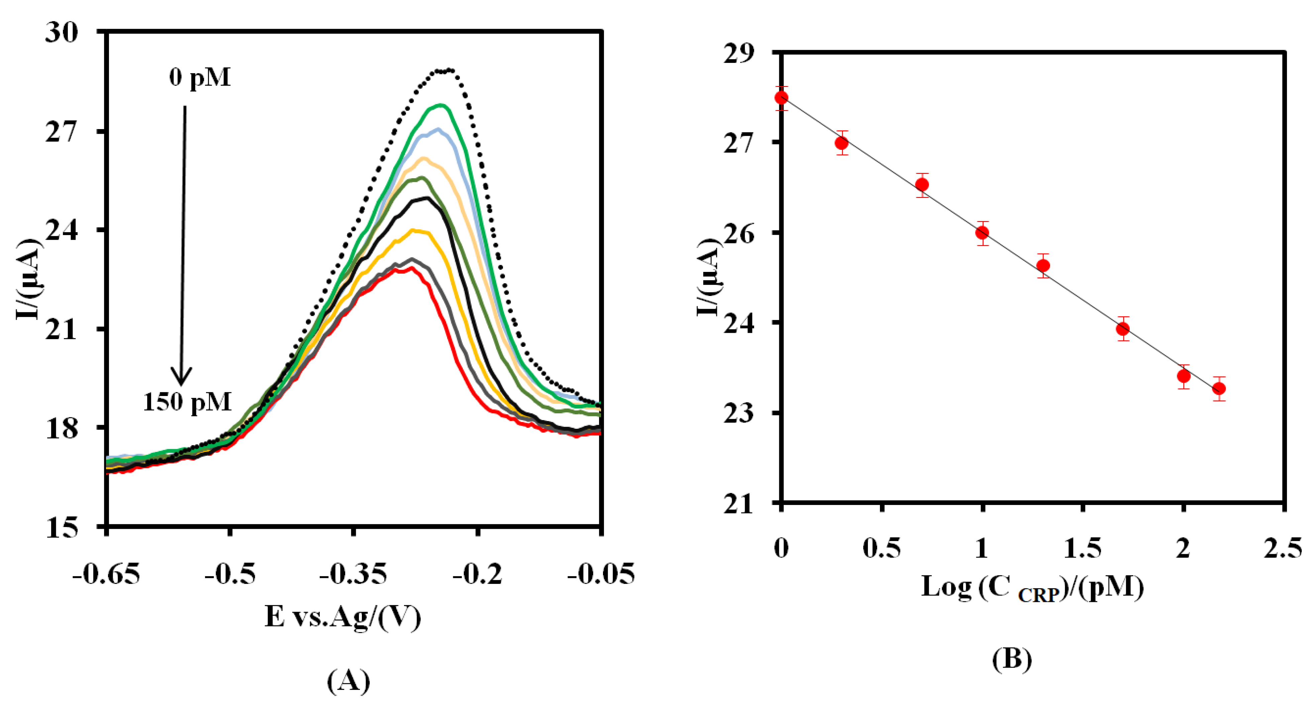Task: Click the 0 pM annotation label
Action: click(x=200, y=78)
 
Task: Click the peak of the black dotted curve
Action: click(x=445, y=71)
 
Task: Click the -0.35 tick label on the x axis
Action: click(x=353, y=574)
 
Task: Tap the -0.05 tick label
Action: click(x=601, y=574)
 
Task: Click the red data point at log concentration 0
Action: click(x=782, y=98)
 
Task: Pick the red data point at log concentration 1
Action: click(x=983, y=233)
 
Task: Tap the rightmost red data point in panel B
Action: click(x=1219, y=389)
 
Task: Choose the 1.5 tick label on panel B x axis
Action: click(x=1083, y=548)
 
